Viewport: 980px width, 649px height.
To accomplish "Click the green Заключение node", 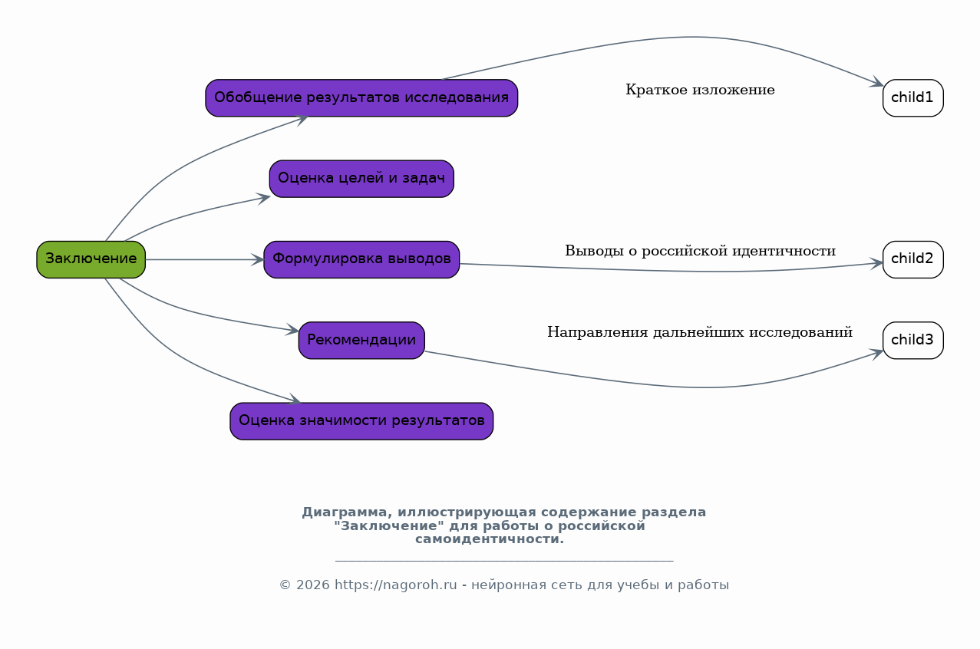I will click(x=91, y=259).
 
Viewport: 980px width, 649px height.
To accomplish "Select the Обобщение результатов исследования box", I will click(x=361, y=98).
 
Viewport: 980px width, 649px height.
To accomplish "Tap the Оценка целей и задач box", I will click(x=361, y=179).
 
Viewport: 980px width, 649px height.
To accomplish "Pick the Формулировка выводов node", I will click(x=361, y=259).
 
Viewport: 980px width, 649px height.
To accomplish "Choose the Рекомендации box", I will click(x=361, y=341).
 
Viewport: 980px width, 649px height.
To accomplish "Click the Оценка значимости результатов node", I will click(x=361, y=421).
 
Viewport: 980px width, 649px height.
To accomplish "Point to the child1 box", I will click(x=912, y=98).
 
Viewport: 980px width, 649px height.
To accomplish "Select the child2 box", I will click(x=912, y=259).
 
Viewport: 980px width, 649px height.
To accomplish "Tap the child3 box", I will click(x=912, y=341).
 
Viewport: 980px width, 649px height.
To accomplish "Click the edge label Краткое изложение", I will click(x=700, y=91).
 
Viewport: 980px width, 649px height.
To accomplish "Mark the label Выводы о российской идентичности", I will click(x=700, y=252).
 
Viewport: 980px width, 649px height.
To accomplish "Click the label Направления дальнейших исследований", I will click(x=700, y=333).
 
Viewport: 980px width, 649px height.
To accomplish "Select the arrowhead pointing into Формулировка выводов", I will click(x=258, y=259).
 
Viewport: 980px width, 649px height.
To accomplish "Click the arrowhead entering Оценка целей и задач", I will click(x=264, y=198).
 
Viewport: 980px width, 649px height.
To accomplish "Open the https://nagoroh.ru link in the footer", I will click(x=396, y=585).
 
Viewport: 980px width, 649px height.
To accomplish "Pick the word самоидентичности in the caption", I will click(x=490, y=539).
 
